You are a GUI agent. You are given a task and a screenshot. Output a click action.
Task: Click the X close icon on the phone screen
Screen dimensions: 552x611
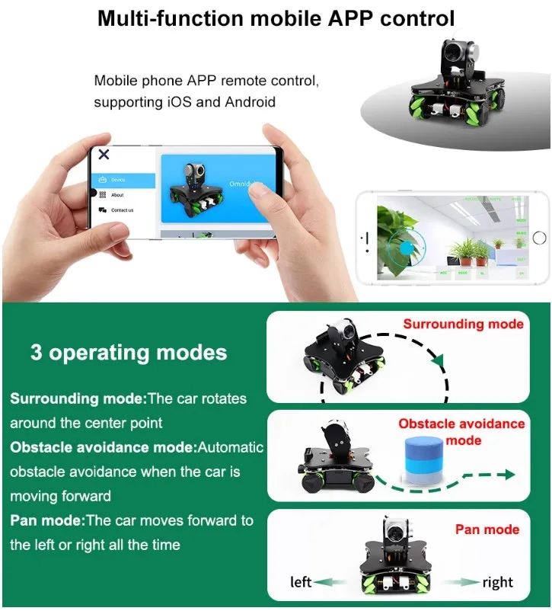(104, 155)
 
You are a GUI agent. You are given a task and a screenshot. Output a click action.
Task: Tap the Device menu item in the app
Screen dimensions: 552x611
(117, 181)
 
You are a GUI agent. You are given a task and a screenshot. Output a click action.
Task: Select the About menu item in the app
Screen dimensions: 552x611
(116, 195)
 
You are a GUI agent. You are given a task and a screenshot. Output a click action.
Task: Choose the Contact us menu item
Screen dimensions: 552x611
(121, 210)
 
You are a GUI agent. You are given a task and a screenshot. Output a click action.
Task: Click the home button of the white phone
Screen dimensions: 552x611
(539, 238)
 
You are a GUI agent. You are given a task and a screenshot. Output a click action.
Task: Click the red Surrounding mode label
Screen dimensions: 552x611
(463, 324)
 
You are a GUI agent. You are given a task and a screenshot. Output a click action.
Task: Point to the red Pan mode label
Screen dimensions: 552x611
(487, 529)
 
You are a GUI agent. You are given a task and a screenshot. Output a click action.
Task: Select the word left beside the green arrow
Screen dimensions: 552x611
(302, 583)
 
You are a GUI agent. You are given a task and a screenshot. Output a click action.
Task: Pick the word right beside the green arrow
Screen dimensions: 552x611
(497, 583)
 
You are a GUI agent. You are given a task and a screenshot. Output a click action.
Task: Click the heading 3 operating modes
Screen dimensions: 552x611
(128, 353)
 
